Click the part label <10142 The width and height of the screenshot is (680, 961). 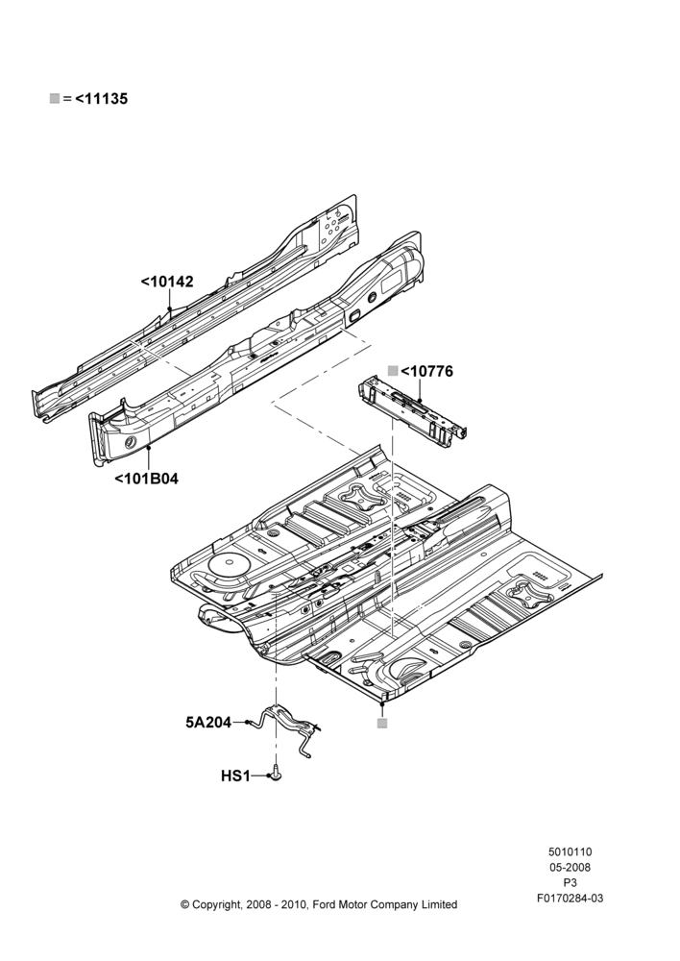tap(166, 282)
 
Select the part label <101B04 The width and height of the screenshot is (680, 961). tap(146, 479)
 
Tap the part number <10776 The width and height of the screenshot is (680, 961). tap(427, 371)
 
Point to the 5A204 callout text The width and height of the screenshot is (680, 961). tap(208, 723)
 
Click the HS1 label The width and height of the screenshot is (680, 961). tap(235, 776)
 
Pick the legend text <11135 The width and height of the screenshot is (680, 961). tap(102, 99)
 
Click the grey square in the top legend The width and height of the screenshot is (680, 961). tap(55, 98)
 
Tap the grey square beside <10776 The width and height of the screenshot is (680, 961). tap(393, 370)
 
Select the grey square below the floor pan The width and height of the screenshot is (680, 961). tap(382, 724)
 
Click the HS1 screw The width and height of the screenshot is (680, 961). tap(277, 774)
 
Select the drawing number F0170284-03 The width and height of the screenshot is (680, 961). tap(570, 899)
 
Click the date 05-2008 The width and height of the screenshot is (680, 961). tap(570, 867)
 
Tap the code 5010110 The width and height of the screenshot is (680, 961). tap(570, 851)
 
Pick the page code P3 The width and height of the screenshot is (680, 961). tap(570, 883)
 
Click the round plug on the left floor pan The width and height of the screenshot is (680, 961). tap(225, 564)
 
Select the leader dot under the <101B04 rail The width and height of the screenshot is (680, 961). tap(149, 448)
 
